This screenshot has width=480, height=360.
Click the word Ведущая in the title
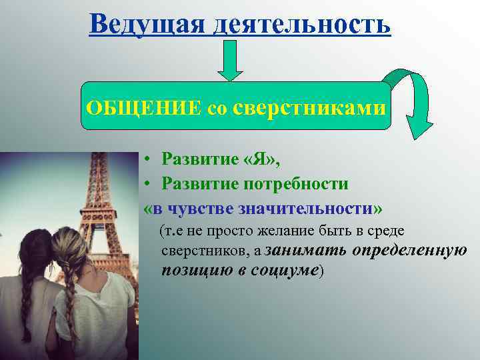141,24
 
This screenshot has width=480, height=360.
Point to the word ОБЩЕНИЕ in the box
143,107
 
